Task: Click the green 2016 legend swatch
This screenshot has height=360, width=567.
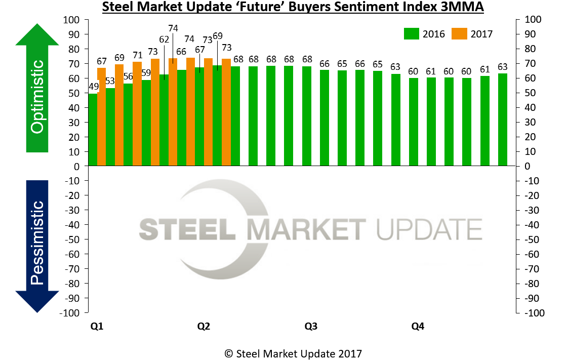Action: point(411,34)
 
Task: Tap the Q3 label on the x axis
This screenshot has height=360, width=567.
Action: point(311,327)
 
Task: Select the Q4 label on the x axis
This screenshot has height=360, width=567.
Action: point(417,327)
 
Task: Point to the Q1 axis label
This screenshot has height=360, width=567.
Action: point(97,327)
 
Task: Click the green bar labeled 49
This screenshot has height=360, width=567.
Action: point(93,130)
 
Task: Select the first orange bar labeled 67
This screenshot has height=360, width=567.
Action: point(102,117)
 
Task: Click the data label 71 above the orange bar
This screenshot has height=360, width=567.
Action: point(137,55)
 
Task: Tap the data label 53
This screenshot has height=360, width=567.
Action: point(110,81)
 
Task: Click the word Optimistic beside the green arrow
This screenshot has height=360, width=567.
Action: point(37,96)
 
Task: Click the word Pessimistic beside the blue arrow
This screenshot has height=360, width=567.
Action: point(37,243)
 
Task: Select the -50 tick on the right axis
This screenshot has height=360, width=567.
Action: point(532,239)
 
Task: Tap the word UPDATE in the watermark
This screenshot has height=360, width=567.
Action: point(429,229)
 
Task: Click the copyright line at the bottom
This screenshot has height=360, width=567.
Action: point(293,353)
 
